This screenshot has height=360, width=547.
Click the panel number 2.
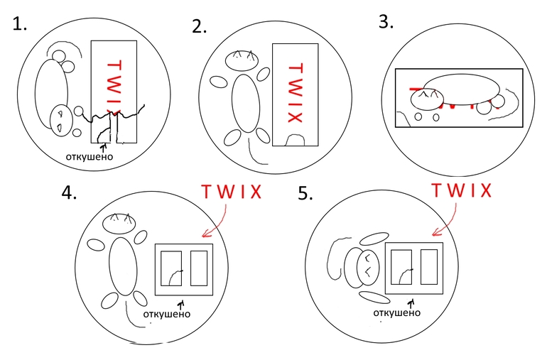click(x=199, y=28)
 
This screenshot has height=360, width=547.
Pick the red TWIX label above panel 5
click(x=462, y=190)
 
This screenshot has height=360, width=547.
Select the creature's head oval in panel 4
click(x=121, y=224)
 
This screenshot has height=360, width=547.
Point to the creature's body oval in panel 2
click(x=245, y=103)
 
